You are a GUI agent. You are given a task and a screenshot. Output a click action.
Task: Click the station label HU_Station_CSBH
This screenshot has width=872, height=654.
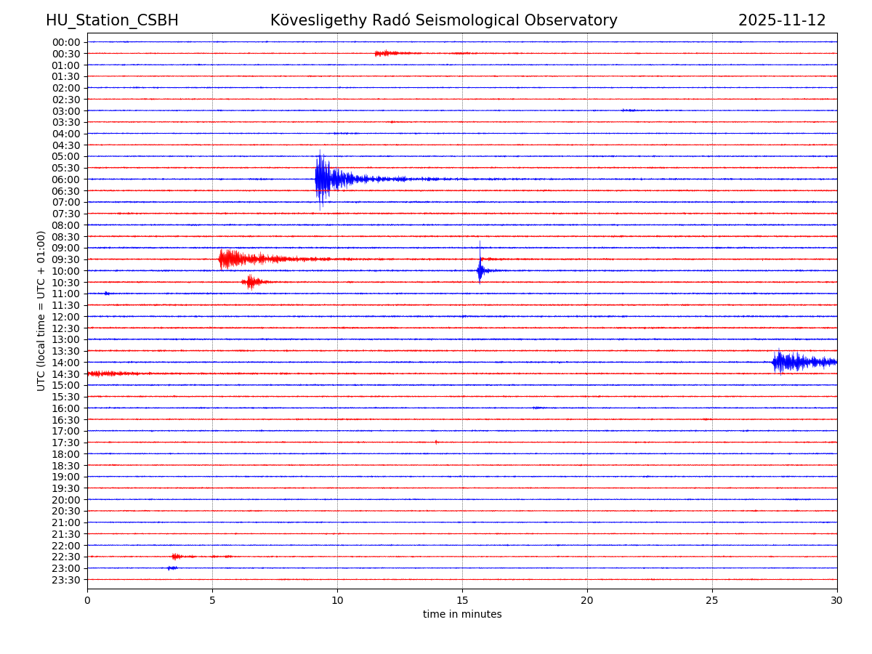pyautogui.click(x=112, y=20)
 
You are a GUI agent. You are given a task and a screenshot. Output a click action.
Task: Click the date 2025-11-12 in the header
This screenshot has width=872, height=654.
pyautogui.click(x=782, y=20)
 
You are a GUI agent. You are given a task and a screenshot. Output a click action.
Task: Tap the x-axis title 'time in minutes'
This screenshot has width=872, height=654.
pyautogui.click(x=462, y=615)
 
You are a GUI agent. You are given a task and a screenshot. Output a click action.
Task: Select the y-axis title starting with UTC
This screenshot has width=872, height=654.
pyautogui.click(x=41, y=310)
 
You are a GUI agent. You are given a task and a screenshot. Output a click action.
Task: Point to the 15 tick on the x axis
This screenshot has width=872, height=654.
pyautogui.click(x=462, y=600)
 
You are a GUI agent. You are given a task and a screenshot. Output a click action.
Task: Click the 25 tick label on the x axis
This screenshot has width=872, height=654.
pyautogui.click(x=712, y=600)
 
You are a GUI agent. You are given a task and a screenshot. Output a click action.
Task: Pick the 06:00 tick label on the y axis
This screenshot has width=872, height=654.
pyautogui.click(x=66, y=179)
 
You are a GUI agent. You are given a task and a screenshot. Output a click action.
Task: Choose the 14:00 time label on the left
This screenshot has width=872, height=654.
pyautogui.click(x=66, y=363)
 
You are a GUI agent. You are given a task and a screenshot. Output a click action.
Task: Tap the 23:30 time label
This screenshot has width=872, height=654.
pyautogui.click(x=66, y=580)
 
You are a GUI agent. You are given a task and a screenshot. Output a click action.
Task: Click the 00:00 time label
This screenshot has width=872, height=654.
pyautogui.click(x=66, y=42)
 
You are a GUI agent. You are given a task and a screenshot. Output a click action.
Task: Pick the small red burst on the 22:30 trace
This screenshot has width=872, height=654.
pyautogui.click(x=177, y=557)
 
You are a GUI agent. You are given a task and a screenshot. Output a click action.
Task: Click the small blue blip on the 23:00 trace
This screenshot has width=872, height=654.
pyautogui.click(x=171, y=568)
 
